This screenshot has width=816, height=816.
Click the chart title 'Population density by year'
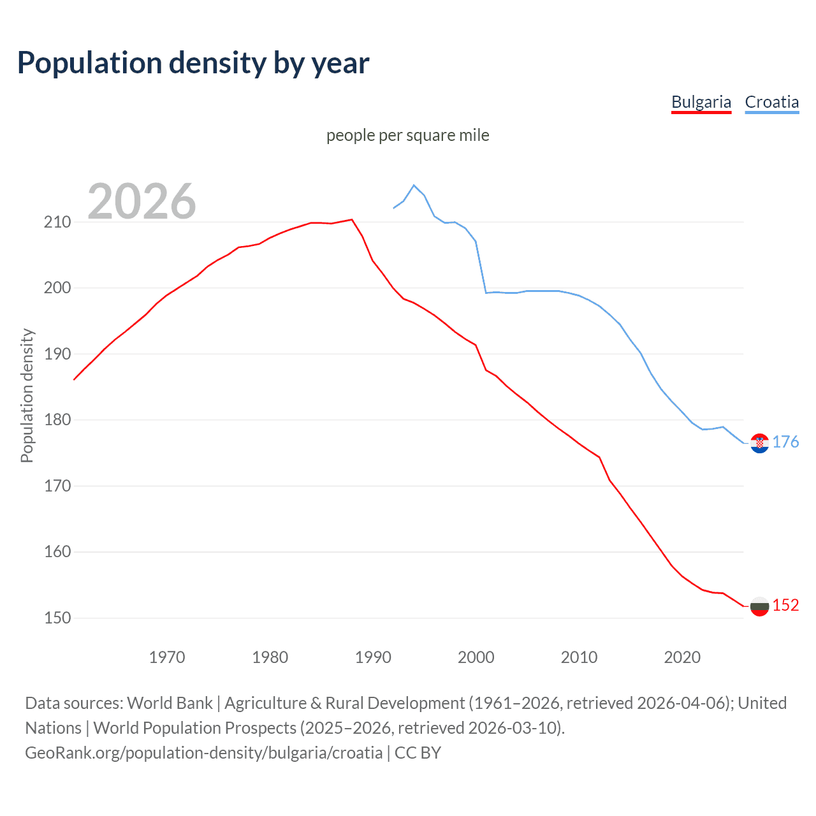193,63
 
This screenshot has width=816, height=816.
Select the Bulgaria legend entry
701,103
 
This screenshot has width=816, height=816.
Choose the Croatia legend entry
771,103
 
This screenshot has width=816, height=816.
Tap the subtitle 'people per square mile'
407,136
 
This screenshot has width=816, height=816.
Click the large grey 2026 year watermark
142,201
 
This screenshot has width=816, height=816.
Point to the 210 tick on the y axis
57,222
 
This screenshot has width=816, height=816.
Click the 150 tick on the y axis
57,618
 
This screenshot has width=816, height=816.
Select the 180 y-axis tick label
57,420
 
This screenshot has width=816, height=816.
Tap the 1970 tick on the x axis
167,657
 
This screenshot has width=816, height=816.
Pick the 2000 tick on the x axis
476,657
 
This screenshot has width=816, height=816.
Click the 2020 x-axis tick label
682,657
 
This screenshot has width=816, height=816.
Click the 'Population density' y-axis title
27,395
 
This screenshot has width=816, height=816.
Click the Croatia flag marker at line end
759,443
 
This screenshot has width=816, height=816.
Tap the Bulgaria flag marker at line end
759,606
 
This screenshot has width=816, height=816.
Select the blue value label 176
785,442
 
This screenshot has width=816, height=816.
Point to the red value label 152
785,606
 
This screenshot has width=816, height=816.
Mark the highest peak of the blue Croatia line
414,185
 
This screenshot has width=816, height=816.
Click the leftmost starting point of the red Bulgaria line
75,379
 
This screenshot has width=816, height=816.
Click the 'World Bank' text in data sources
170,703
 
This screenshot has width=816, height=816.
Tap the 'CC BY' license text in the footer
418,753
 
